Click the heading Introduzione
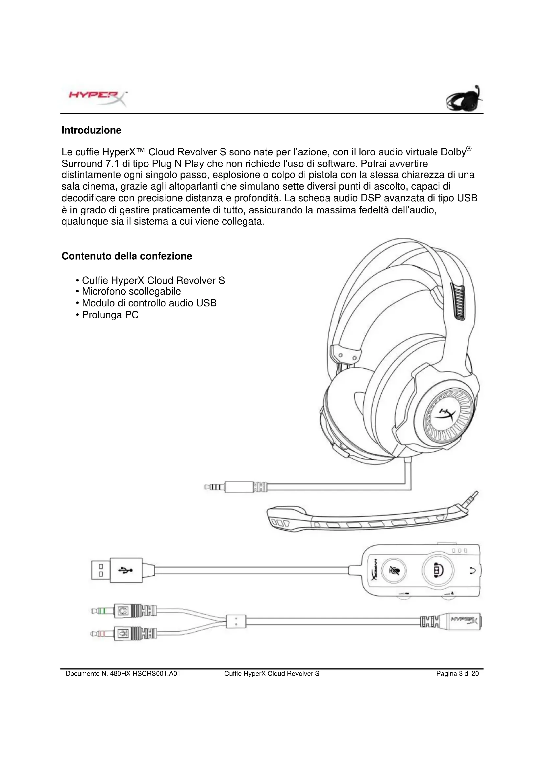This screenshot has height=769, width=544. click(x=91, y=130)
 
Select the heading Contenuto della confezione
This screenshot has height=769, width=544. click(x=127, y=256)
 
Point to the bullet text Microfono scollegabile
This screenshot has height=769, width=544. click(x=131, y=291)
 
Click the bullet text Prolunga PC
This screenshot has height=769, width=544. click(x=110, y=315)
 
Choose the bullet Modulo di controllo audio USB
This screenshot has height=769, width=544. click(x=149, y=303)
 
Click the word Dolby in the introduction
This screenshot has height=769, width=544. click(x=453, y=152)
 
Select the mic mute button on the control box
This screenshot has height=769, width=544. click(x=394, y=570)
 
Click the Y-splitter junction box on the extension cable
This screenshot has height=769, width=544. click(x=236, y=622)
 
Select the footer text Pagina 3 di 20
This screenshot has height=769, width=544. click(x=457, y=674)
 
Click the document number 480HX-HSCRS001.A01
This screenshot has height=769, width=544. click(x=145, y=674)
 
